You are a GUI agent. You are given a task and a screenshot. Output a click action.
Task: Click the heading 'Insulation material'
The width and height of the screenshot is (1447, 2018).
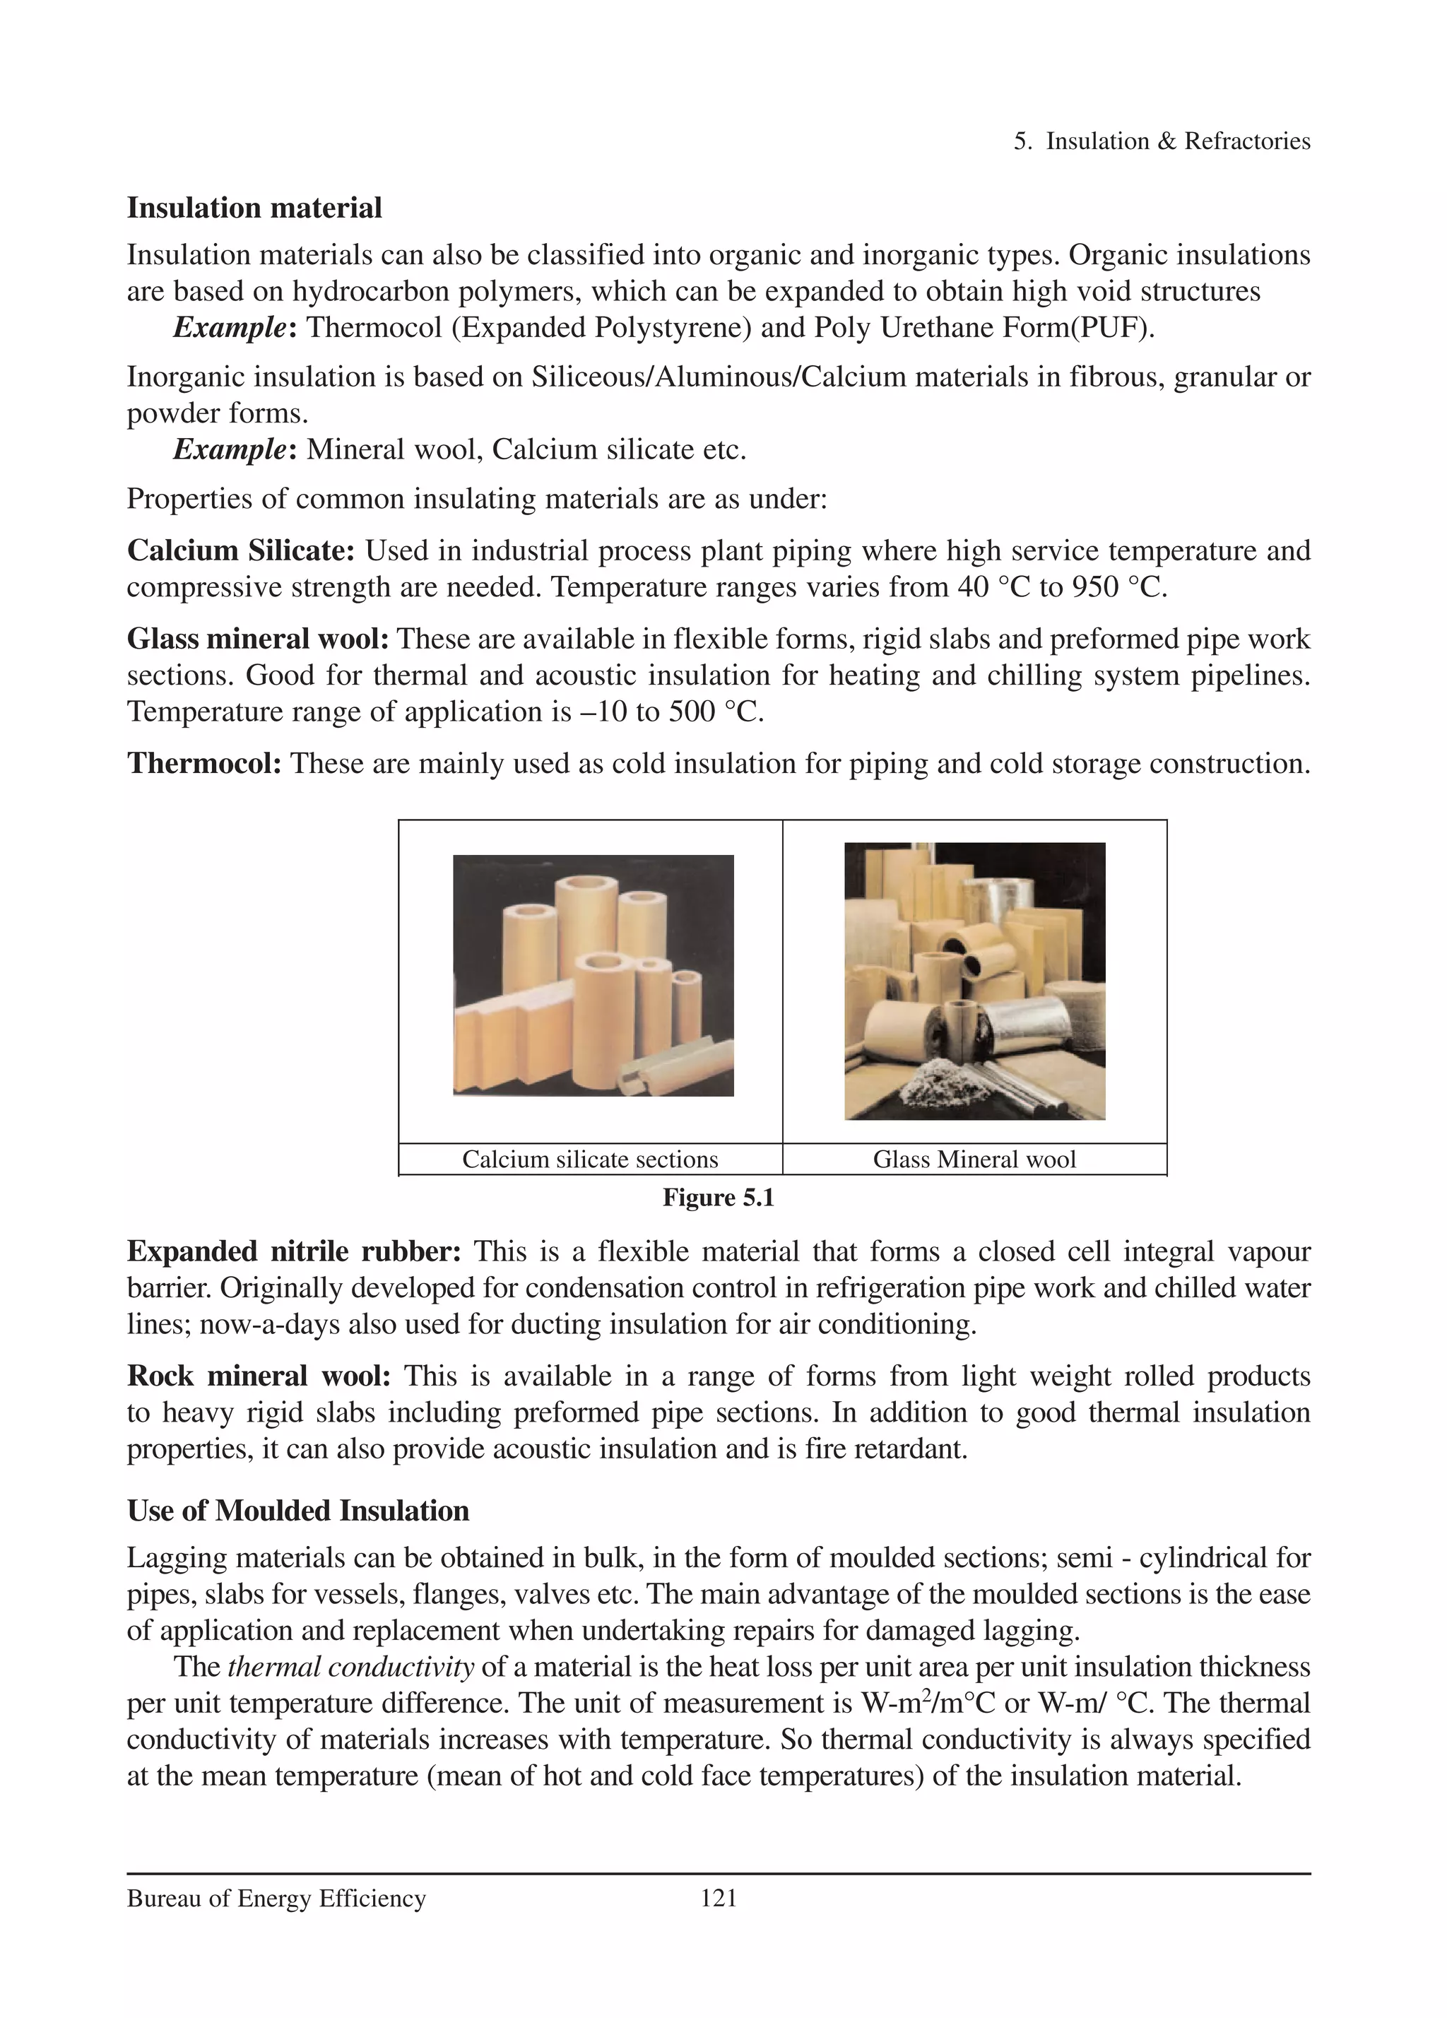coord(254,208)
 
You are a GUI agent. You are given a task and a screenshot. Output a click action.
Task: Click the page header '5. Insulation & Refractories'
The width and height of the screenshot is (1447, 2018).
coord(1162,141)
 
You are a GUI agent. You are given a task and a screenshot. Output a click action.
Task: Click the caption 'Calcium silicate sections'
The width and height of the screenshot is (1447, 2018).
coord(590,1160)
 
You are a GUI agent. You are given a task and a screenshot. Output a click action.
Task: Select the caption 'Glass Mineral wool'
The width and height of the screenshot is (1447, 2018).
coord(974,1160)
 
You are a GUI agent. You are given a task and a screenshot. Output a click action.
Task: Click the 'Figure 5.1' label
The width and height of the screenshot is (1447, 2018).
coord(718,1198)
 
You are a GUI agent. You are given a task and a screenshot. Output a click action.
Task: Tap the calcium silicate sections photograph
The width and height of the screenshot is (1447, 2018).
coord(593,975)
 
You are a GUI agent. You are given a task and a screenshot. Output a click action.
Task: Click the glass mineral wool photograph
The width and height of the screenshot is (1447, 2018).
coord(974,981)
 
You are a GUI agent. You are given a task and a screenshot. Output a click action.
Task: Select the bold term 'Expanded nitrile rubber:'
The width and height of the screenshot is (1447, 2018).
coord(294,1251)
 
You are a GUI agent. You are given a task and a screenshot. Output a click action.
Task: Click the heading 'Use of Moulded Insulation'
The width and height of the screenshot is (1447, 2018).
coord(298,1511)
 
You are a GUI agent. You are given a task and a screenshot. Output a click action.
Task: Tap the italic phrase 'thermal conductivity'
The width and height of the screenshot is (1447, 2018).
coord(350,1667)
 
